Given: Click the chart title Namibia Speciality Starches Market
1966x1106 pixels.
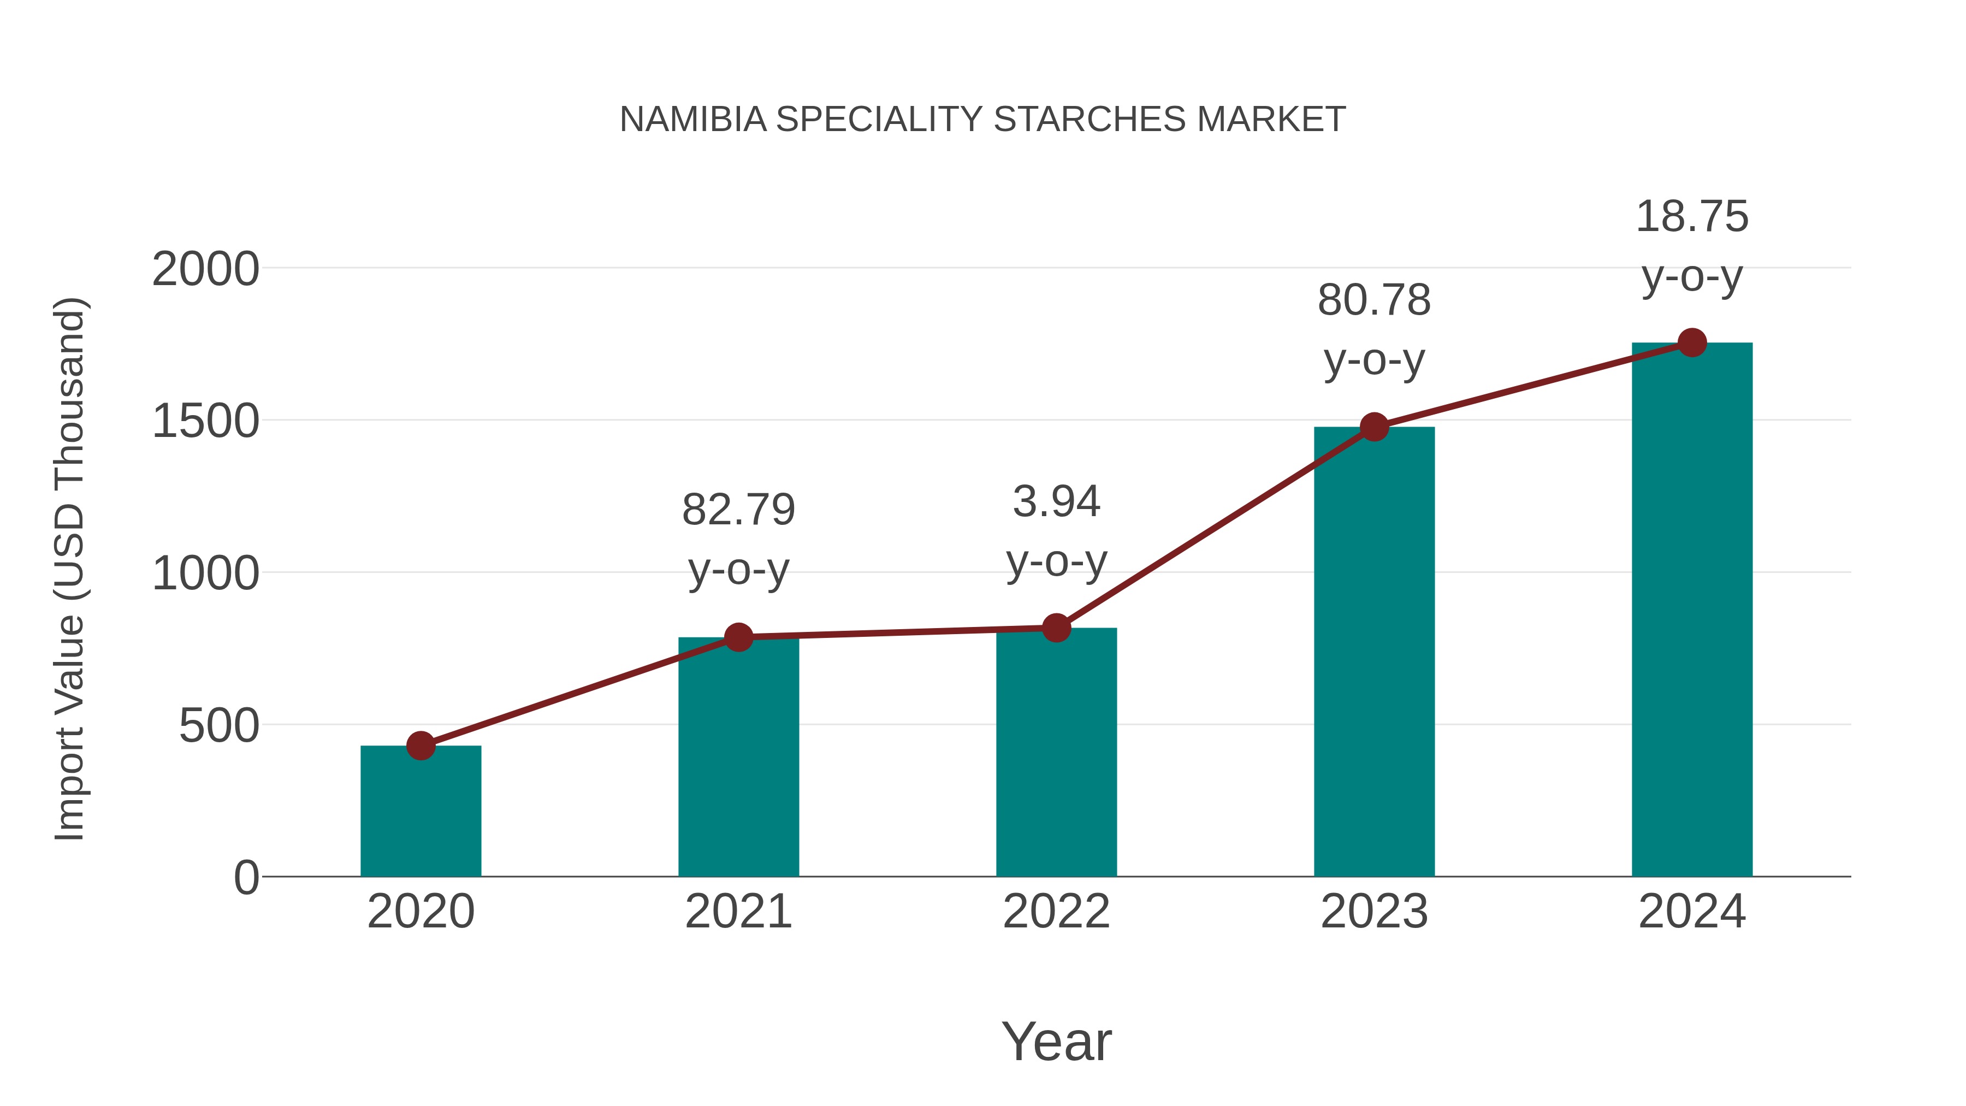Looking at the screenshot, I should (x=982, y=120).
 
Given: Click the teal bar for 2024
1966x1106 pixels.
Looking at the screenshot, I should (x=1692, y=610).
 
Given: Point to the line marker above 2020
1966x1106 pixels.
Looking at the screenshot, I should (x=421, y=746).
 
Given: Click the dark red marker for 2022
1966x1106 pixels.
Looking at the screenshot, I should (x=1056, y=628).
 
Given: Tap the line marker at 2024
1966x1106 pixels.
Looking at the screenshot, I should (x=1692, y=342).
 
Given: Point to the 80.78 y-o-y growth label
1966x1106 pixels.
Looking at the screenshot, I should (x=1374, y=330).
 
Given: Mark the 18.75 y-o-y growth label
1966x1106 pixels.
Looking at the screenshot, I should (x=1692, y=246).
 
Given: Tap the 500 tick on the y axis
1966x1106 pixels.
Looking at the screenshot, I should (x=218, y=726).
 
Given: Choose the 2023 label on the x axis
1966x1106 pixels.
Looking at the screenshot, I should (x=1374, y=912).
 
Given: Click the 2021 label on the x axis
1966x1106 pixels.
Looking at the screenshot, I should (x=738, y=912).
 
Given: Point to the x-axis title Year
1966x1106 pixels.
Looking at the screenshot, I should (x=1056, y=1042).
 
